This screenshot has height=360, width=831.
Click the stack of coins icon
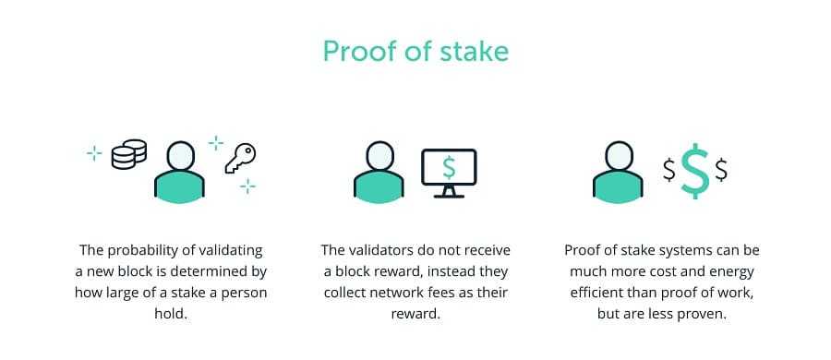point(129,154)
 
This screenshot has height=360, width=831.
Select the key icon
point(240,158)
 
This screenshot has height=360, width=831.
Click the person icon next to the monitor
point(379,171)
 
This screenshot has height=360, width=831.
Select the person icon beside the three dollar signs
point(618,171)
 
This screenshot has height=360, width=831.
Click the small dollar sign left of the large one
point(669,170)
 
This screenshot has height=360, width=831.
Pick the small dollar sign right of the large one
point(720,170)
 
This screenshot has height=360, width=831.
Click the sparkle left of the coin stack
point(93,152)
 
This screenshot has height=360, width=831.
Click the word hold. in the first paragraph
point(171,314)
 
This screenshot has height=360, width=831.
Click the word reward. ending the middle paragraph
point(415,314)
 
